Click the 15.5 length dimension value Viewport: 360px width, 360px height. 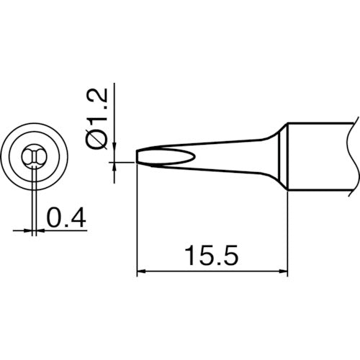[212, 255]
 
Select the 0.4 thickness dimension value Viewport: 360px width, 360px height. [66, 216]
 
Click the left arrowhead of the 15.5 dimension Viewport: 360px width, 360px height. [141, 272]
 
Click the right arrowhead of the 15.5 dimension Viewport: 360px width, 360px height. [284, 272]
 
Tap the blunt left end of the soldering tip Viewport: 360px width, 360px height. [138, 156]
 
